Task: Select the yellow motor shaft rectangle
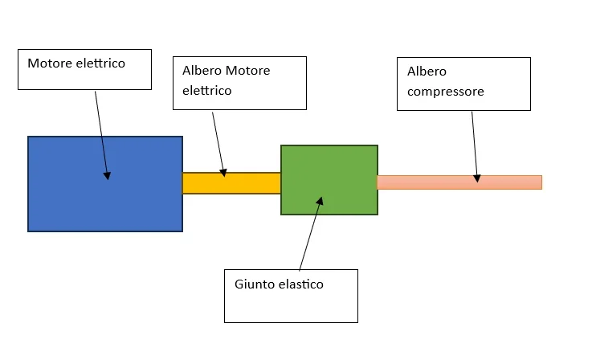(249, 183)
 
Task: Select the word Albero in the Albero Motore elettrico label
(202, 71)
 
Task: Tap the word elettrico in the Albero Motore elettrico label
(206, 91)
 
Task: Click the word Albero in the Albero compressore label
(427, 72)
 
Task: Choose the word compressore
(445, 92)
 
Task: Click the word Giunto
(254, 284)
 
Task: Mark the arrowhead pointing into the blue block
(107, 174)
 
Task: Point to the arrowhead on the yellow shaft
(223, 172)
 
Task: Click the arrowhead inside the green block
(320, 200)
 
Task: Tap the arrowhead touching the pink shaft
(477, 178)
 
